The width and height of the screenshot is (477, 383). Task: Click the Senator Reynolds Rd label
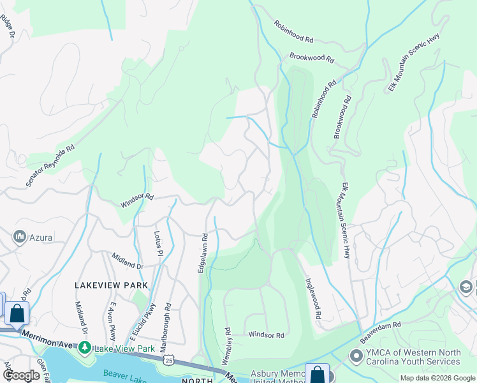click(x=50, y=165)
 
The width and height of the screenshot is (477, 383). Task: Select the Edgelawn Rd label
click(x=203, y=253)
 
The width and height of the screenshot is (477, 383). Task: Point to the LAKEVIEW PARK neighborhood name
click(x=111, y=285)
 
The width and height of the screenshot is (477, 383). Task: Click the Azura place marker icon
click(x=18, y=237)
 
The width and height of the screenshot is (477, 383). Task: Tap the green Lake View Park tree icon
click(x=84, y=349)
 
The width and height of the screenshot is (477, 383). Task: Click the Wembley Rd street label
click(x=226, y=347)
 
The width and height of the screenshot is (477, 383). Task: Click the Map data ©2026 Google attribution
click(x=437, y=378)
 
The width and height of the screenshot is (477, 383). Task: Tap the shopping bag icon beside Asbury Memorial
click(x=317, y=375)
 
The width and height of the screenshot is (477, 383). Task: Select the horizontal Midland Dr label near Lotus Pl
click(x=128, y=261)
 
